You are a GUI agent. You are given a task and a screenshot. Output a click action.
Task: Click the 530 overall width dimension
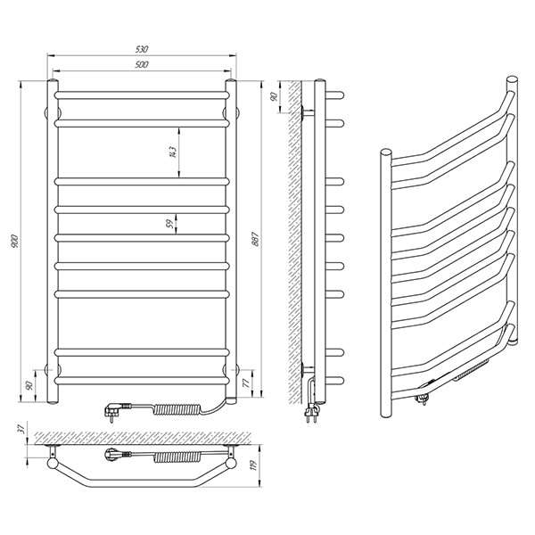click(x=142, y=49)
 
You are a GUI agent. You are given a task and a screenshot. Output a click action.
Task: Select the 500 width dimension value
click(x=142, y=64)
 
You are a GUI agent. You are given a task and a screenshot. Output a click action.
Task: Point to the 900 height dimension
click(x=16, y=242)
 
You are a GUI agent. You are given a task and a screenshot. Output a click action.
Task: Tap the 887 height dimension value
click(x=256, y=240)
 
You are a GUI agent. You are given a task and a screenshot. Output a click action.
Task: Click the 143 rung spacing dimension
click(x=173, y=152)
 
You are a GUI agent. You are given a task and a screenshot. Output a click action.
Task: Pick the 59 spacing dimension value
click(x=169, y=224)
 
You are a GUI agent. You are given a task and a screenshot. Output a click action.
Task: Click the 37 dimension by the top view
click(x=21, y=428)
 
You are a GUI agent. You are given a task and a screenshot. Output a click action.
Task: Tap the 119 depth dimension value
click(x=253, y=465)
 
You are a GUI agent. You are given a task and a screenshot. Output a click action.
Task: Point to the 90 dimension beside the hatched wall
click(x=274, y=96)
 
